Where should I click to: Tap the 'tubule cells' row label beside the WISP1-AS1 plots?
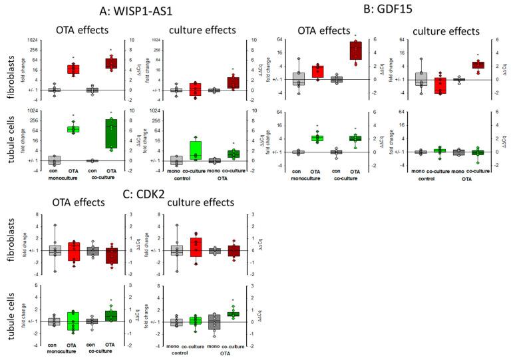pyautogui.click(x=11, y=136)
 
